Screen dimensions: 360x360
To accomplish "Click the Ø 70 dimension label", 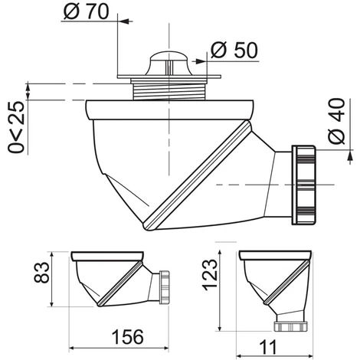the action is tap(86, 11).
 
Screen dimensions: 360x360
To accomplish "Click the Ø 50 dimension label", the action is tap(234, 50).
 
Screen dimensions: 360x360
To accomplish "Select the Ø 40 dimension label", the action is tap(336, 121).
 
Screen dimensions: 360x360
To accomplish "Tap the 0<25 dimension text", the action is tap(16, 127).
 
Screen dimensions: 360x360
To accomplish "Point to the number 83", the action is tap(41, 273).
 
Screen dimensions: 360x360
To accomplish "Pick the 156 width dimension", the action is tap(128, 337).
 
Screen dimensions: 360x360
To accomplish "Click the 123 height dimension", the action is tap(210, 274).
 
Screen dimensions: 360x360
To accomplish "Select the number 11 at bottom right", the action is tap(268, 347).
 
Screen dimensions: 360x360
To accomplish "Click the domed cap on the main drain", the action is tap(169, 64).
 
